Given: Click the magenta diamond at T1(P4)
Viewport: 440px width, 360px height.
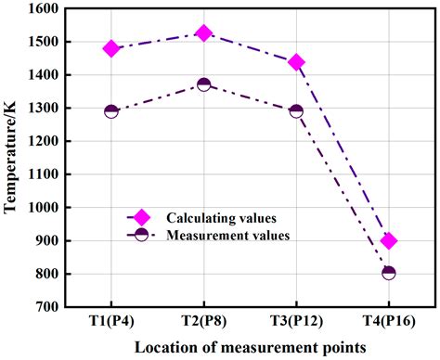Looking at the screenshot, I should pos(111,48).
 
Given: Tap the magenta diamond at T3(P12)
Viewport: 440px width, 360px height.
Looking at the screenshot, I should pos(296,62).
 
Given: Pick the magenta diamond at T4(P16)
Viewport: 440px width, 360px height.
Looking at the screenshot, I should pos(389,240).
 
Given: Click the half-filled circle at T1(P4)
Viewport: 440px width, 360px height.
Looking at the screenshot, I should pos(111,111).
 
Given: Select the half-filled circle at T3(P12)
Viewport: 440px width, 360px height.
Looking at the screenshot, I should pos(296,111).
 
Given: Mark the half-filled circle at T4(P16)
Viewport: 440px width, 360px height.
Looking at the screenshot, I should pos(389,273).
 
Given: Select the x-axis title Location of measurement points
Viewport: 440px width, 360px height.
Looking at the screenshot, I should pos(250,348).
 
